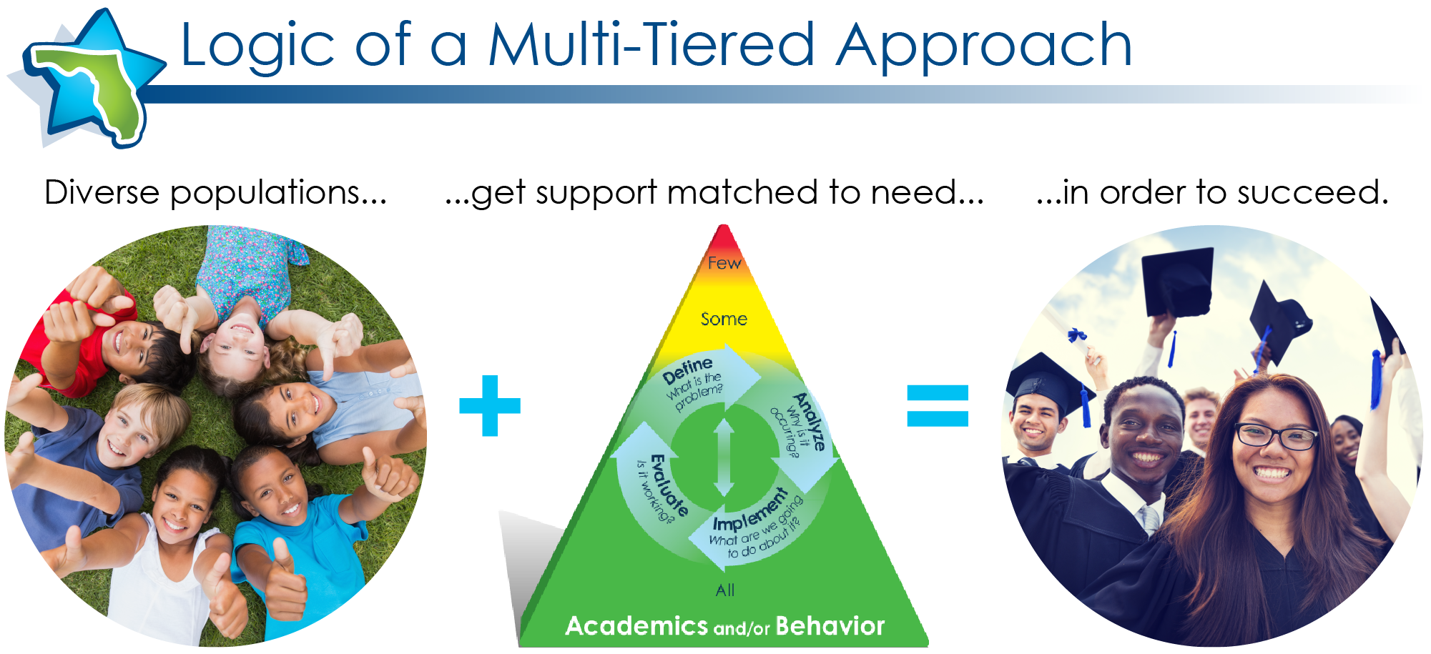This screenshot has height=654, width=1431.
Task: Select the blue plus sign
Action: pos(490,405)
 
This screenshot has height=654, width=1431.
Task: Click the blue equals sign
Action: pos(938,405)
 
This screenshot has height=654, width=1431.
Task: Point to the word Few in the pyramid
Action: pos(724,263)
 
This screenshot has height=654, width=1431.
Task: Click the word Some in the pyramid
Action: pos(724,319)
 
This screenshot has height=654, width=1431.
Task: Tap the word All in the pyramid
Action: pos(725,590)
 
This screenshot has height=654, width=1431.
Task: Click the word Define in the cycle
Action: pos(687,371)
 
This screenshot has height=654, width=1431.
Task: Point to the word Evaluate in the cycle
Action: pos(669,485)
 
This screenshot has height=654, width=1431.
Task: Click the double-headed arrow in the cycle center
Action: pos(724,457)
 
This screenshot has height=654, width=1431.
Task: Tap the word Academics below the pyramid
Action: pos(636,626)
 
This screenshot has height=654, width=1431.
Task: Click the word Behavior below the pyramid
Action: pos(830,626)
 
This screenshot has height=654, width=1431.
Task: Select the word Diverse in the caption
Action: pos(102,192)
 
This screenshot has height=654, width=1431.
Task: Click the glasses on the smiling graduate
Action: pos(1277,435)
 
